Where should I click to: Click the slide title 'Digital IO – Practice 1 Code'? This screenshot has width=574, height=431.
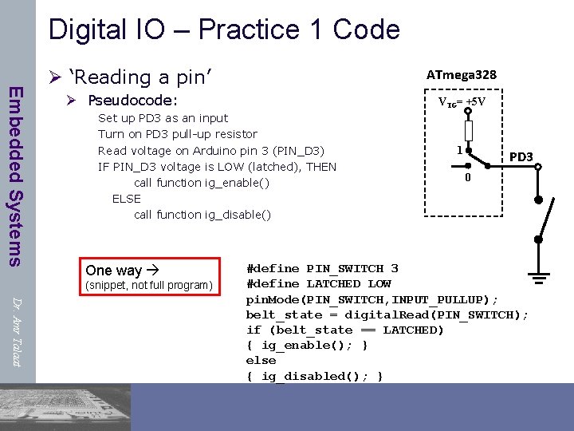click(x=224, y=30)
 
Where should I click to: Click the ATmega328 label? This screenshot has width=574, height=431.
click(x=462, y=74)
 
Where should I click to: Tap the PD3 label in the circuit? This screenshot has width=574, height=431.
click(x=521, y=156)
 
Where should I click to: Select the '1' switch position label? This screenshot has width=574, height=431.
click(x=458, y=149)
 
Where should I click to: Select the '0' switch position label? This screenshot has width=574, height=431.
click(x=468, y=177)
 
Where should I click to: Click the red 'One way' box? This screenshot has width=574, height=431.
click(x=149, y=276)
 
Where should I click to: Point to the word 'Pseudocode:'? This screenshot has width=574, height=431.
click(x=132, y=101)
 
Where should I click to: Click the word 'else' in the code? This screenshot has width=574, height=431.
click(x=261, y=361)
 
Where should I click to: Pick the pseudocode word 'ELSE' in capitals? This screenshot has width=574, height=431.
click(x=126, y=199)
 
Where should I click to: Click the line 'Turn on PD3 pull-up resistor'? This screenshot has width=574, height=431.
click(x=177, y=134)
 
